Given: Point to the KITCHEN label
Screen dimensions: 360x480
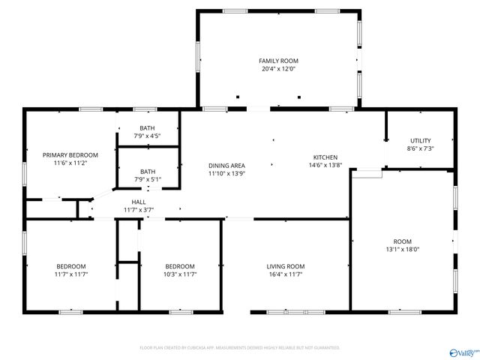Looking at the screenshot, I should pyautogui.click(x=325, y=157).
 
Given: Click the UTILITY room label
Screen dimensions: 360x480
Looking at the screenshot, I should pyautogui.click(x=420, y=140).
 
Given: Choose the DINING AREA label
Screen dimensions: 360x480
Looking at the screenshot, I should pyautogui.click(x=226, y=166).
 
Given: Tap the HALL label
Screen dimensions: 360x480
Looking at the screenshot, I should pyautogui.click(x=139, y=202).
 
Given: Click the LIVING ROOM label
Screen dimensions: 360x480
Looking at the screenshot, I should pyautogui.click(x=286, y=266).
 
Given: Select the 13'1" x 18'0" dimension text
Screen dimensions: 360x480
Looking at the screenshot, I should pyautogui.click(x=402, y=249).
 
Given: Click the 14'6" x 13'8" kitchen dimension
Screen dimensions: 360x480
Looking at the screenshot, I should pyautogui.click(x=326, y=165).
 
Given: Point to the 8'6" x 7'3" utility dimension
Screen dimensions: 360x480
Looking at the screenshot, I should pyautogui.click(x=420, y=148).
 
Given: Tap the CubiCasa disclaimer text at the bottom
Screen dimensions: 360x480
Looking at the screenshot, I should pyautogui.click(x=240, y=348).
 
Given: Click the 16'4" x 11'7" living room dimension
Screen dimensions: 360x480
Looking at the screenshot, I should pyautogui.click(x=286, y=274).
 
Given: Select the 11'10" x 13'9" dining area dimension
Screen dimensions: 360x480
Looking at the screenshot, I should pyautogui.click(x=226, y=174).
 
